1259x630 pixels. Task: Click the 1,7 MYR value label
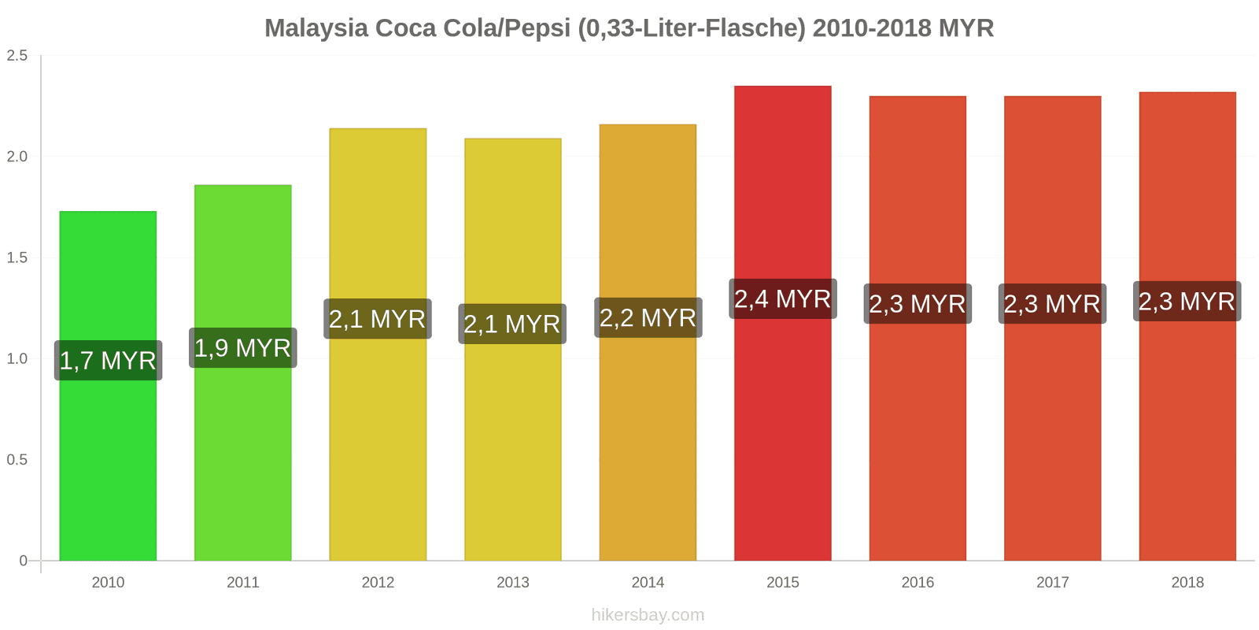(x=108, y=361)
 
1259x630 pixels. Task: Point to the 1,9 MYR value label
(x=243, y=348)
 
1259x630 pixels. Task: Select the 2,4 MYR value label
(x=783, y=299)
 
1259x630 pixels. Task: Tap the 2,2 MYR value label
(x=648, y=318)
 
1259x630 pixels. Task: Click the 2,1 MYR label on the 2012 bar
(x=378, y=319)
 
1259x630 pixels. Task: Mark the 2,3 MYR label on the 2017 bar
(x=1052, y=304)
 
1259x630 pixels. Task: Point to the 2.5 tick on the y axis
(x=17, y=56)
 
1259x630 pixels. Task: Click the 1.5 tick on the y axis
(x=17, y=258)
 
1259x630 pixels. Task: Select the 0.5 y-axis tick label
(x=17, y=460)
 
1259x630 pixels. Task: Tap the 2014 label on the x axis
(x=648, y=583)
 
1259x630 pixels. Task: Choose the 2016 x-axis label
(x=917, y=583)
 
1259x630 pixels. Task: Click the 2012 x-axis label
(x=378, y=583)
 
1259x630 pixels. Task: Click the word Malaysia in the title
(x=316, y=28)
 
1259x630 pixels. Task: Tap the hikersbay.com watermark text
(x=648, y=615)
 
